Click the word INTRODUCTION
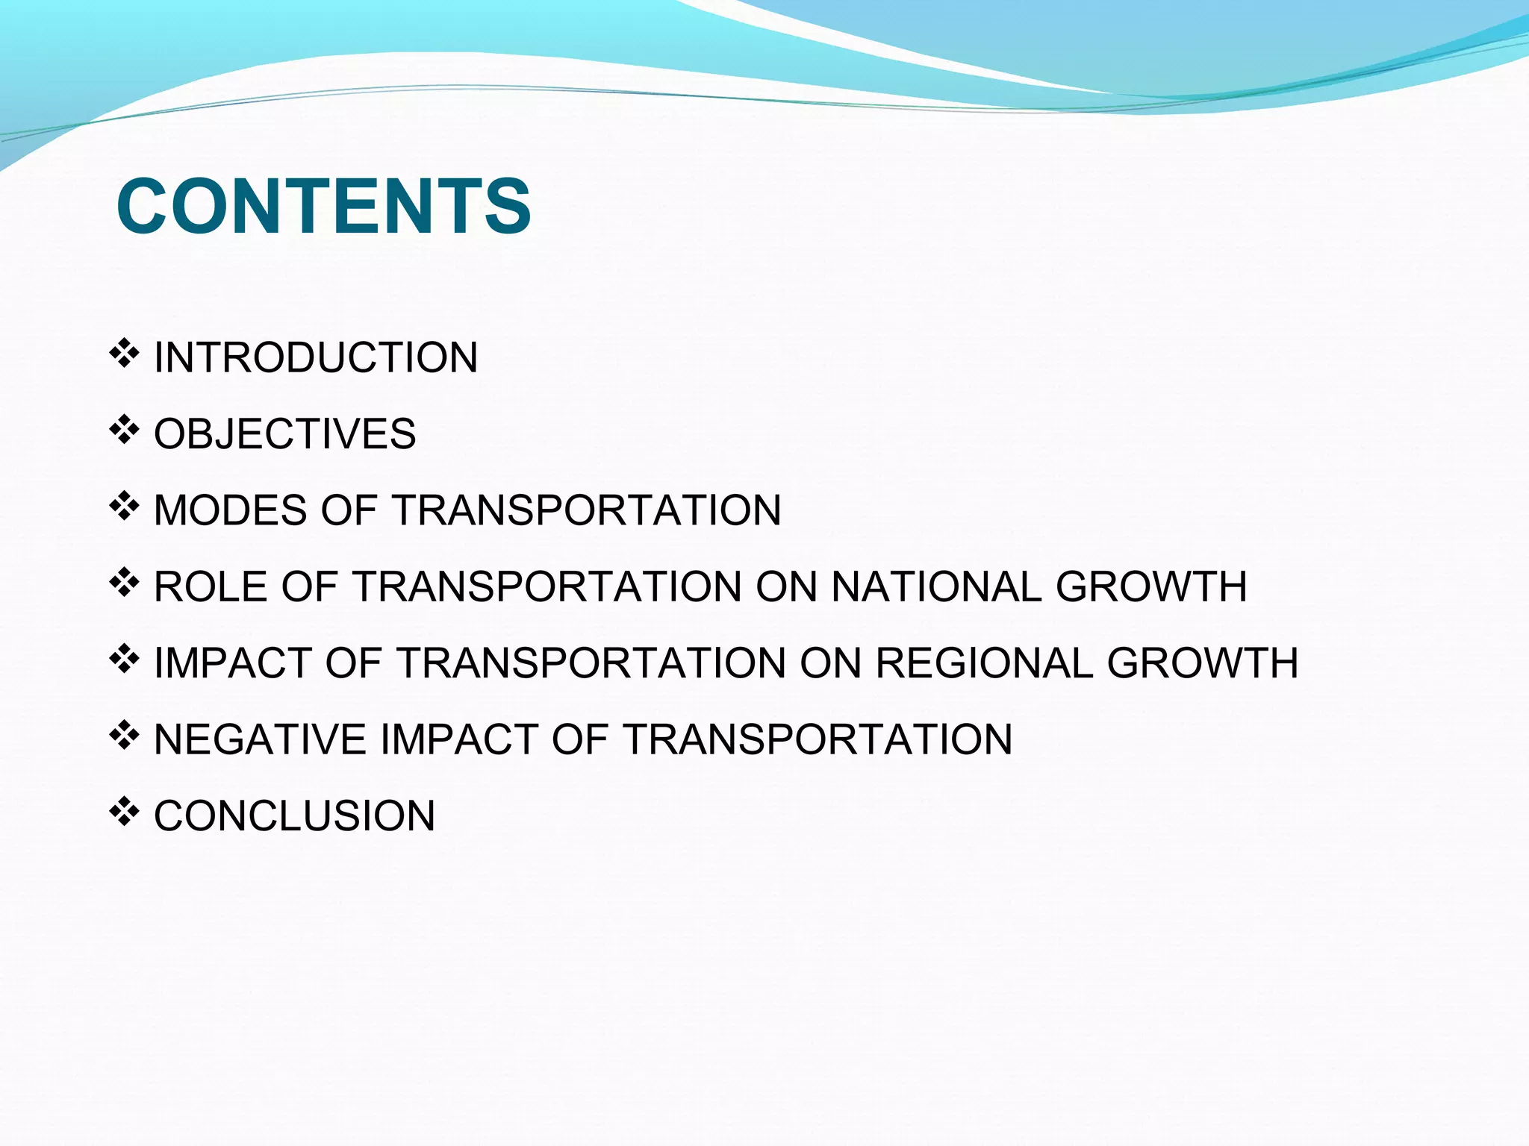click(315, 357)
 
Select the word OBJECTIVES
click(284, 433)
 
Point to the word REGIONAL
click(985, 663)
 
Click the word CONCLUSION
click(294, 815)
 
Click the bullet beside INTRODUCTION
click(124, 354)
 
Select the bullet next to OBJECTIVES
click(124, 430)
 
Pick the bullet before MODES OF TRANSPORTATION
click(124, 507)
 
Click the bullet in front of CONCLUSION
click(124, 812)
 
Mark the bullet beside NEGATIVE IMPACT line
click(124, 736)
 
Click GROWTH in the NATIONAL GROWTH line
click(1150, 586)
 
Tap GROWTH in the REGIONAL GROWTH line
click(1202, 663)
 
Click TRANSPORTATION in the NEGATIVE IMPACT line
click(818, 739)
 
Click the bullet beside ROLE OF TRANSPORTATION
click(124, 583)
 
